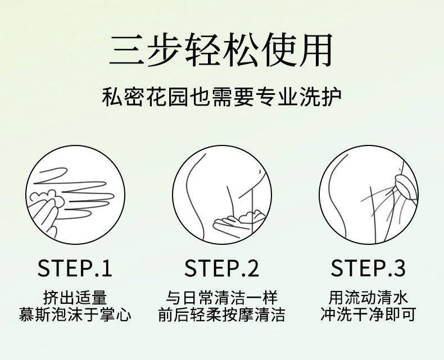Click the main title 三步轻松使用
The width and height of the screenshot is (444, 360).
pos(221,50)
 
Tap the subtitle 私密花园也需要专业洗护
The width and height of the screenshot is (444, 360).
pos(221,98)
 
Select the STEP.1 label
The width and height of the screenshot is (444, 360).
pos(75,268)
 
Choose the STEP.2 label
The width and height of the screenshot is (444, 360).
pos(221,268)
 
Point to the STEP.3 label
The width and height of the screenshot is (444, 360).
pos(368,268)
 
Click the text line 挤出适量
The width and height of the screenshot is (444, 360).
pos(75,297)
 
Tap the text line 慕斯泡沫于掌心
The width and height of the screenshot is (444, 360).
pos(75,315)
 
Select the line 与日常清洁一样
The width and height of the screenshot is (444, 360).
pos(221,297)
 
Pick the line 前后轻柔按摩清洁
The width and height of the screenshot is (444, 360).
pos(221,315)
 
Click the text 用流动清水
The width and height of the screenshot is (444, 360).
pos(368,297)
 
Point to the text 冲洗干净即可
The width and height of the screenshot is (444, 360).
pos(368,315)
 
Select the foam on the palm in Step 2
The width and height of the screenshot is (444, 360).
pos(252,216)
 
